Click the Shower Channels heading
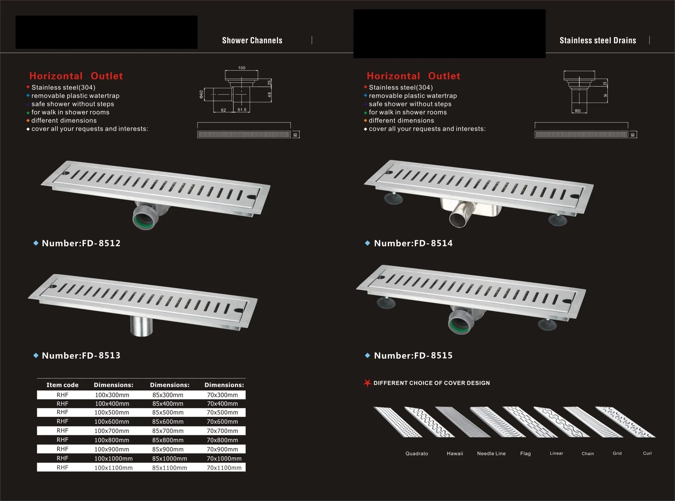pos(252,41)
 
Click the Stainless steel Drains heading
pos(597,41)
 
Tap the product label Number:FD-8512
pos(81,243)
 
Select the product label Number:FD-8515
pos(413,356)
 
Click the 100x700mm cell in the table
pos(112,431)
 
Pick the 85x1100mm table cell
pos(169,468)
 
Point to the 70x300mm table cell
pos(222,395)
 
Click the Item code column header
pos(62,385)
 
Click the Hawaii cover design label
pos(455,454)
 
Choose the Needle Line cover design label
pos(491,454)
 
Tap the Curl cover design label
pos(647,454)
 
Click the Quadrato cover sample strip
pos(397,422)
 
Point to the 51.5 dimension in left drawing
pos(242,110)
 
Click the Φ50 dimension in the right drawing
pos(578,111)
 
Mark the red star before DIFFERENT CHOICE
pos(367,383)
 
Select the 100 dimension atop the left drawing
pos(242,68)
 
